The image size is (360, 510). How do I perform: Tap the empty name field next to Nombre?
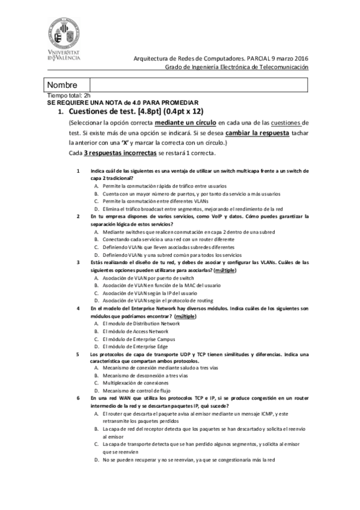point(198,85)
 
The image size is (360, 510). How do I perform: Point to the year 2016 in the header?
point(299,58)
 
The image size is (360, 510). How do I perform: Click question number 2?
point(78,216)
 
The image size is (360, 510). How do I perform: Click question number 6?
point(78,398)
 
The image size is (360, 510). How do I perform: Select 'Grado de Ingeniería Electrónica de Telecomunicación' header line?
point(237,67)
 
